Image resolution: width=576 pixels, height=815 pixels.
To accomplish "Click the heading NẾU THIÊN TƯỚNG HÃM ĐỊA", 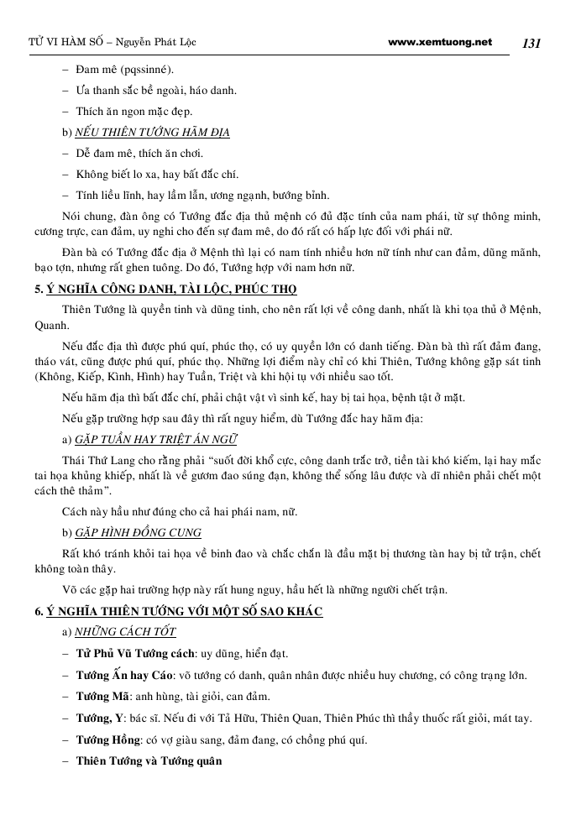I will click(x=152, y=133).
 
